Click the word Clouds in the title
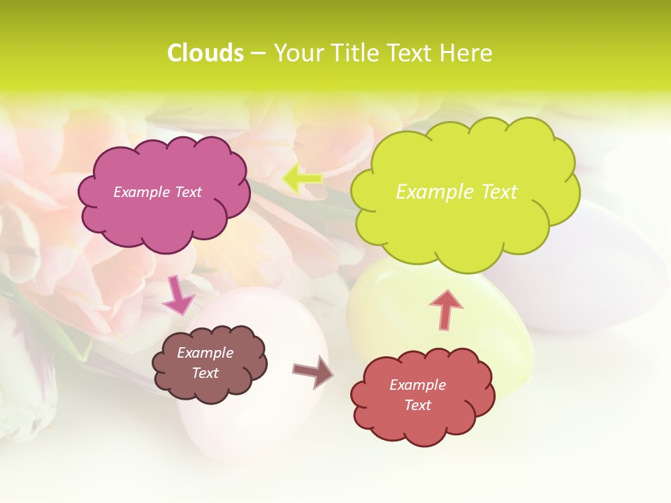[x=205, y=53]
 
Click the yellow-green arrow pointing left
[x=303, y=178]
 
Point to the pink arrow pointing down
[x=178, y=296]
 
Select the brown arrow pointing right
[x=313, y=371]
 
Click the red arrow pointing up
[x=446, y=309]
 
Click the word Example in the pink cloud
[x=142, y=192]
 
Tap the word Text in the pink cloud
[x=188, y=192]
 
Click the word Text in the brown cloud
[x=205, y=374]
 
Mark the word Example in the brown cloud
[x=205, y=353]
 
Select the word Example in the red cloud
[x=418, y=385]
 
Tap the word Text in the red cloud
[x=418, y=405]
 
